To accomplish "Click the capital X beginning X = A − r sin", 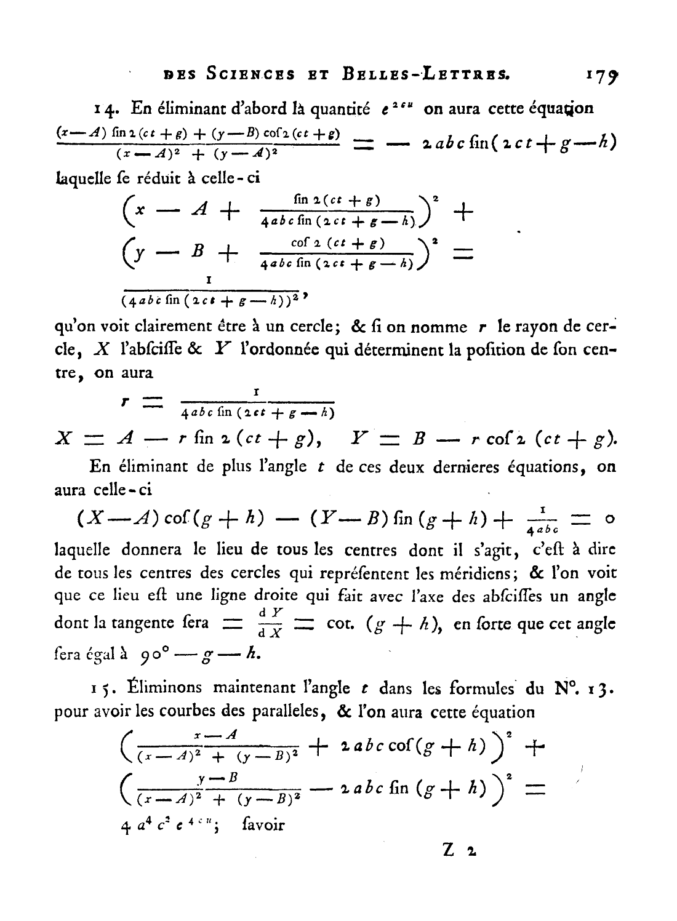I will click(x=63, y=438).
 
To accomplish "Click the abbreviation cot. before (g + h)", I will click(x=340, y=623).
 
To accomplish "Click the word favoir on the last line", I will click(x=263, y=824).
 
